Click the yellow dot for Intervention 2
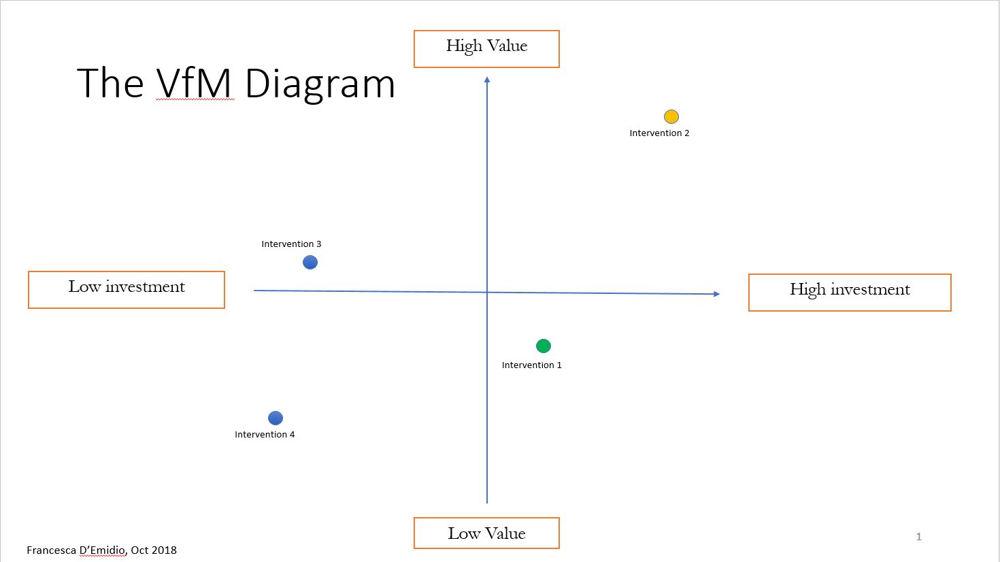pyautogui.click(x=671, y=116)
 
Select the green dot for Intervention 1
pyautogui.click(x=544, y=346)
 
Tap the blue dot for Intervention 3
pyautogui.click(x=310, y=263)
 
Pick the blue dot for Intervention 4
pyautogui.click(x=276, y=418)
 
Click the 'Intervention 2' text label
pyautogui.click(x=659, y=133)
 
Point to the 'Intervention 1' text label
pyautogui.click(x=532, y=365)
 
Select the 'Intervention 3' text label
pyautogui.click(x=291, y=244)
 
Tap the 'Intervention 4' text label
pyautogui.click(x=265, y=435)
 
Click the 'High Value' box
pyautogui.click(x=486, y=49)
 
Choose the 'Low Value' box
pyautogui.click(x=486, y=533)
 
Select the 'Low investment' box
pyautogui.click(x=127, y=290)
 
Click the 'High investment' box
pyautogui.click(x=850, y=293)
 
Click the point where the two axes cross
pyautogui.click(x=487, y=293)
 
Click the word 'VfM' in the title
pyautogui.click(x=194, y=83)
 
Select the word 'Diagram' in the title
pyautogui.click(x=320, y=85)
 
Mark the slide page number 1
pyautogui.click(x=919, y=537)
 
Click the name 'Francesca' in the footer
pyautogui.click(x=51, y=550)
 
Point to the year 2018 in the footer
pyautogui.click(x=165, y=550)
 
